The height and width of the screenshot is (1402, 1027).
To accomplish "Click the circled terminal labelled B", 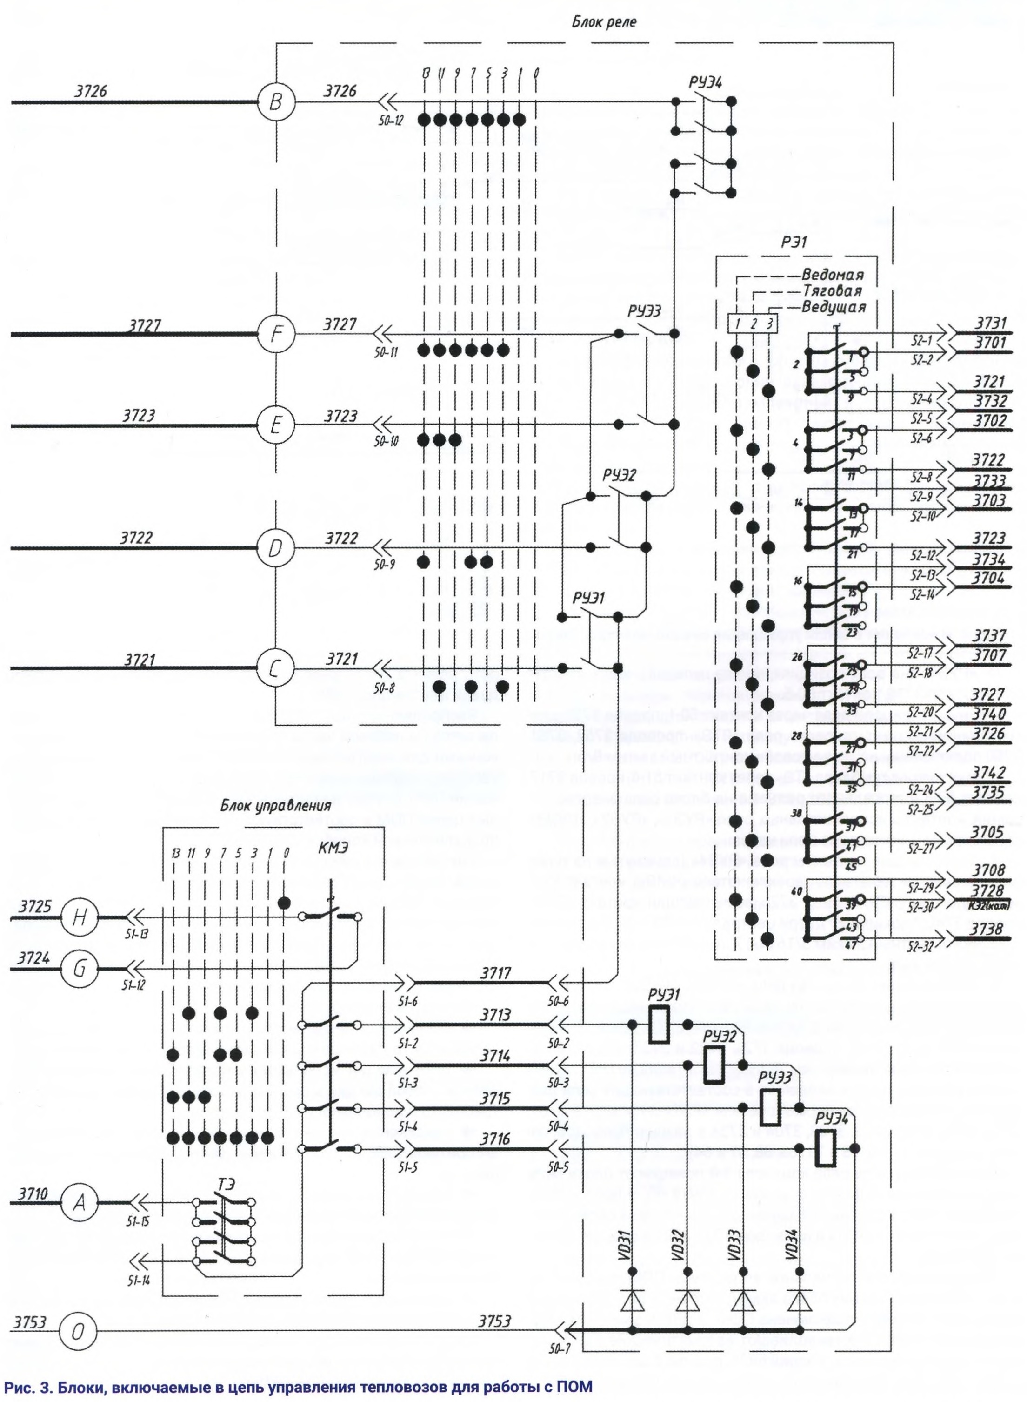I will point(276,102).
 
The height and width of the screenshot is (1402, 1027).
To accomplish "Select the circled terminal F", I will point(276,335).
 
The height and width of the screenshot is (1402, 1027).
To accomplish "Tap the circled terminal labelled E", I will point(276,425).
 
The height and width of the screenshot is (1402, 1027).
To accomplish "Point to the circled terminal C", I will point(276,669).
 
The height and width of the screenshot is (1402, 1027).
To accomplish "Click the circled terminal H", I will point(78,917).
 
